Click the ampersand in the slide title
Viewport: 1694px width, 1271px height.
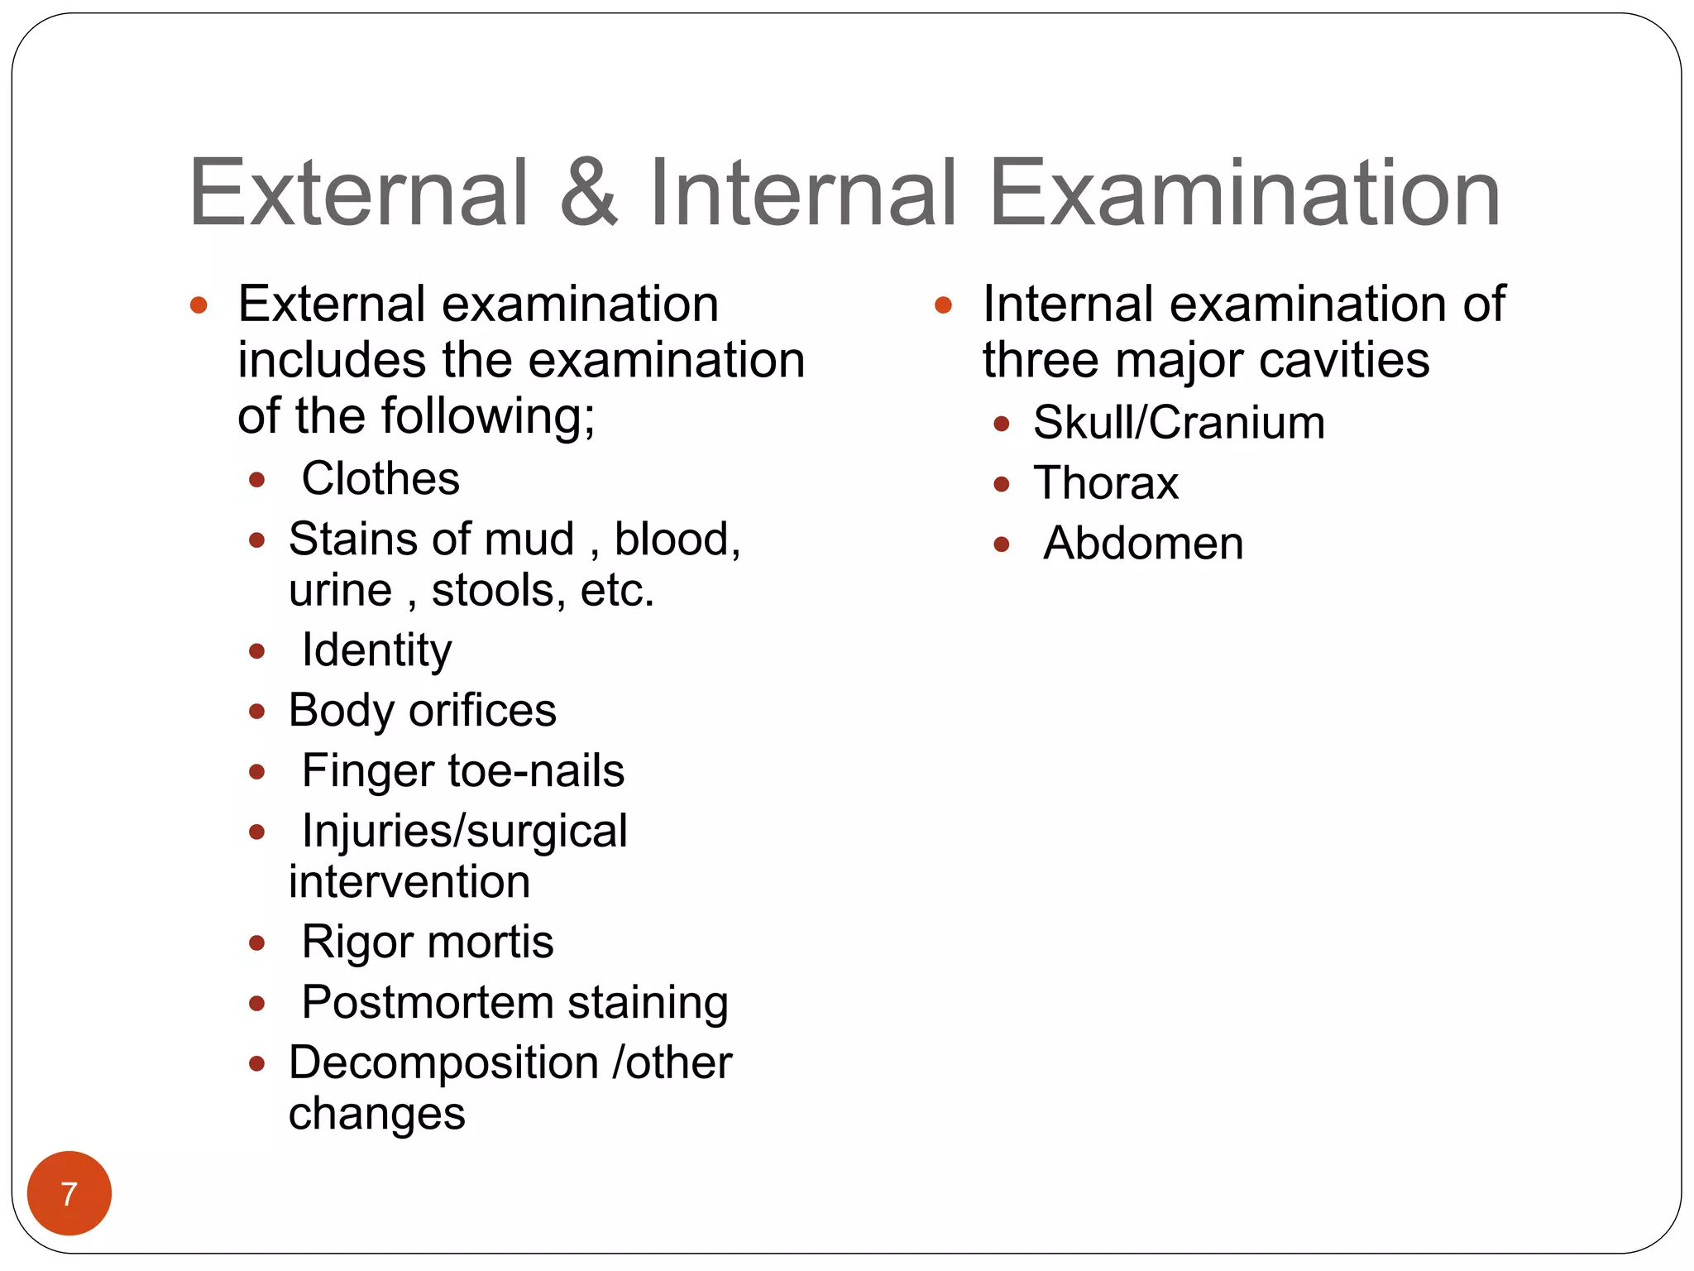pyautogui.click(x=588, y=193)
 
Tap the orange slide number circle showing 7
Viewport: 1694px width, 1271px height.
pyautogui.click(x=69, y=1193)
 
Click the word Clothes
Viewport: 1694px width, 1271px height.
pyautogui.click(x=380, y=478)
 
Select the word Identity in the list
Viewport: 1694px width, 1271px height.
pyautogui.click(x=377, y=650)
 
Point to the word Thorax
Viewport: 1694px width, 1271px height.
pyautogui.click(x=1106, y=482)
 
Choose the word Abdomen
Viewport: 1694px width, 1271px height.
pyautogui.click(x=1143, y=544)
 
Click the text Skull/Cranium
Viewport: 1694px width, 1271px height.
pyautogui.click(x=1179, y=423)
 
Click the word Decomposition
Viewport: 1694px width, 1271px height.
pyautogui.click(x=443, y=1062)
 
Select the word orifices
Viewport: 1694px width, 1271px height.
pyautogui.click(x=482, y=710)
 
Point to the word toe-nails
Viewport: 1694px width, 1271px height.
pyautogui.click(x=536, y=770)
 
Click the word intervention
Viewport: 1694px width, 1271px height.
pyautogui.click(x=409, y=881)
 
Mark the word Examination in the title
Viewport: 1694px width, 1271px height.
pyautogui.click(x=1244, y=193)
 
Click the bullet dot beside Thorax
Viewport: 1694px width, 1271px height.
pyautogui.click(x=1002, y=484)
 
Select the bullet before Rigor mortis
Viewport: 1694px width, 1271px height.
pyautogui.click(x=257, y=942)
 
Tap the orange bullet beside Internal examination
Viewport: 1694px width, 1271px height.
pyautogui.click(x=943, y=305)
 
